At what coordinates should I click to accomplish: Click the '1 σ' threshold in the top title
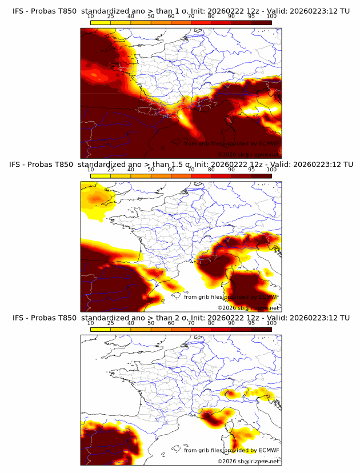(181, 11)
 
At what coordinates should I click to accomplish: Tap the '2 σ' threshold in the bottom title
(181, 318)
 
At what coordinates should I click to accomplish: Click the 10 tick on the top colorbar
(91, 17)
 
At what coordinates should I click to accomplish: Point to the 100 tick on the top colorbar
(272, 17)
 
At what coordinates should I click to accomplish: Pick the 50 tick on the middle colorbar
(151, 170)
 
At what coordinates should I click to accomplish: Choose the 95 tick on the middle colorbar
(251, 170)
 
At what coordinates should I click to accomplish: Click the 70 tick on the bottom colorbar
(191, 323)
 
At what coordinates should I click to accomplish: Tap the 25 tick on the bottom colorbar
(110, 323)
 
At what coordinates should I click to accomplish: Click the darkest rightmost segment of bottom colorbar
(262, 329)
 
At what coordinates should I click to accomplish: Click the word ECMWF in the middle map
(269, 296)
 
